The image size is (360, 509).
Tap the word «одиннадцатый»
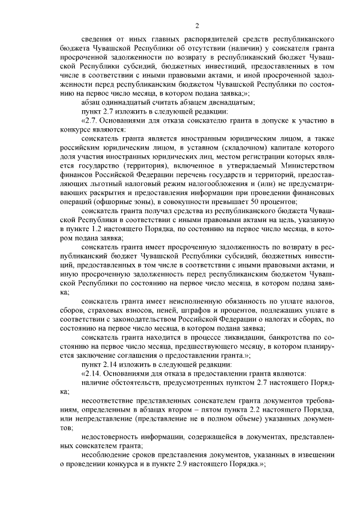(x=124, y=102)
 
